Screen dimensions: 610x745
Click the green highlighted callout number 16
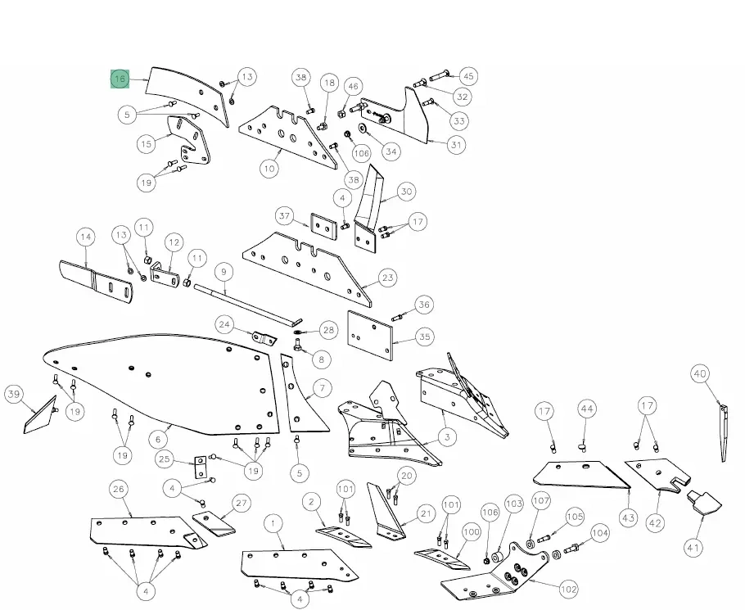(120, 79)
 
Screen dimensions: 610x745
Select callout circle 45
(468, 76)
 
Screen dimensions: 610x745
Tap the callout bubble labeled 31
(456, 145)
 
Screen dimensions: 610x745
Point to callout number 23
(387, 278)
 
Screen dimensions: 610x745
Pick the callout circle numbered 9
(221, 271)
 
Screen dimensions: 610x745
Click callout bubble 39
(13, 394)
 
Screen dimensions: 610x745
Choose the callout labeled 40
(699, 374)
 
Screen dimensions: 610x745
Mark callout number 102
(568, 589)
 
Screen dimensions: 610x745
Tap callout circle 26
(119, 490)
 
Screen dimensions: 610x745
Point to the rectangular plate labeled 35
(370, 334)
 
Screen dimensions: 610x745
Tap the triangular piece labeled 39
(39, 418)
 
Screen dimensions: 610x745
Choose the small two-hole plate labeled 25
(200, 468)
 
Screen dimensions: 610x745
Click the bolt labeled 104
(571, 547)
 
